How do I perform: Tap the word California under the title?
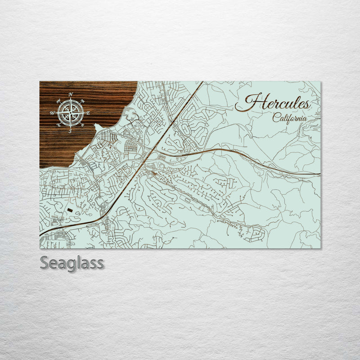tap(290, 118)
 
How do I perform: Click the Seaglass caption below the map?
tap(72, 263)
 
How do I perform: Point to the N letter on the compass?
tap(71, 94)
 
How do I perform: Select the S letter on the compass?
tap(70, 131)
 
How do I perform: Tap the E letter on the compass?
tap(88, 113)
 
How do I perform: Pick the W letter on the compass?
tap(52, 113)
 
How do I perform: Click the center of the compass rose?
tap(70, 112)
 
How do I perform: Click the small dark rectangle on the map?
tap(70, 209)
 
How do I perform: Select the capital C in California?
tap(275, 118)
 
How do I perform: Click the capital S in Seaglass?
tap(45, 263)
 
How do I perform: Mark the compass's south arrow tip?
tap(70, 127)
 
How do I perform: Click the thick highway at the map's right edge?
tap(319, 174)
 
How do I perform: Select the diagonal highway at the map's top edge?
tap(202, 83)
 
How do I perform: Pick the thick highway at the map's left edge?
tap(41, 234)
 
